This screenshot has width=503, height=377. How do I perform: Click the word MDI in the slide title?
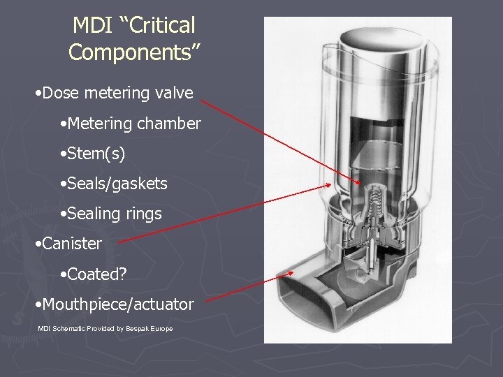tap(96, 26)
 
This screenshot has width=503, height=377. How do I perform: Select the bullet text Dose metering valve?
tap(117, 93)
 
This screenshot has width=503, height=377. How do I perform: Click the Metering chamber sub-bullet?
tap(134, 124)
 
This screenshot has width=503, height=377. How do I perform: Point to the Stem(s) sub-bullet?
tap(96, 154)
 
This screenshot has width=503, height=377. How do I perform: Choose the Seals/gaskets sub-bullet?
tap(117, 184)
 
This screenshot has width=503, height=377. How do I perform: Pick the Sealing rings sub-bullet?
tap(115, 214)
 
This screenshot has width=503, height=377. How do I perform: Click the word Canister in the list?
tap(72, 244)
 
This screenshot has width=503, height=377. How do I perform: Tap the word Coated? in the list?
tap(97, 274)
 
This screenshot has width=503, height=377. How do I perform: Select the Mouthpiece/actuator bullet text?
tap(117, 304)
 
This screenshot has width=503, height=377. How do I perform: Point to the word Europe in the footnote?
tap(162, 328)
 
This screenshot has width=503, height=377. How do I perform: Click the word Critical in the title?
tap(162, 26)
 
